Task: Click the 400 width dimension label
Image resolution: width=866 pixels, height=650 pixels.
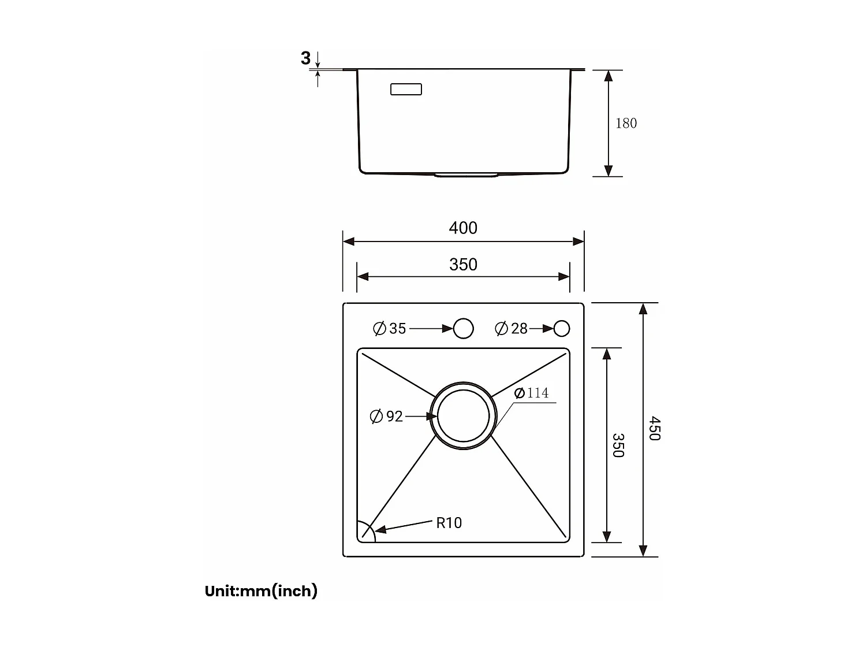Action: [463, 228]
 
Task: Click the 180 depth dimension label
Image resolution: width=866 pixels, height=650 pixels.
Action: [626, 123]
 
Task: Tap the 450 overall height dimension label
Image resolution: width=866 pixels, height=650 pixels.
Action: [654, 429]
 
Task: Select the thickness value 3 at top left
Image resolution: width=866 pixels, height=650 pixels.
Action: [305, 58]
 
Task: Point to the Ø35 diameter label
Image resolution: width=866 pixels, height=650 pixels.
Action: [390, 329]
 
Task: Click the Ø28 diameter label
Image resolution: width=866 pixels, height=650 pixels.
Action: [512, 329]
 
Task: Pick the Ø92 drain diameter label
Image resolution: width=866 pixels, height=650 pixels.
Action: [386, 416]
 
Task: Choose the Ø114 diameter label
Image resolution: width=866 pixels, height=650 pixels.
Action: [531, 393]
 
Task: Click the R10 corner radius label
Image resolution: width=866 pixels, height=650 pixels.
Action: [449, 522]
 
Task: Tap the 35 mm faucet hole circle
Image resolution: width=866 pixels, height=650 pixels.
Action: [464, 328]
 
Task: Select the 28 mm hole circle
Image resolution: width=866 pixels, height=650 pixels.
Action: [562, 329]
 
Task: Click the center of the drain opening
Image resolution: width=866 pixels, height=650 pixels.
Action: [464, 415]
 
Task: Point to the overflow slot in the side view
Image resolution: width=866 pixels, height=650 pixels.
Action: [406, 90]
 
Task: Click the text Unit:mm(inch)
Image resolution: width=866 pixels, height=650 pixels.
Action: [261, 591]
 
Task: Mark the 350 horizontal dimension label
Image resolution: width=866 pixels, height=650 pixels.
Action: [463, 264]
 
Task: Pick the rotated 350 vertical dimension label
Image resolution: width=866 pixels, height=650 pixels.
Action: [618, 445]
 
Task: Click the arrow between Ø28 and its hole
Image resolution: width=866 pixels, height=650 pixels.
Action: [542, 329]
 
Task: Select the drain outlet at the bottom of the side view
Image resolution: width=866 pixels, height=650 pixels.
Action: [465, 174]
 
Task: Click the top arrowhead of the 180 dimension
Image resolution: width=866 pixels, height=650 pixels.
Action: [608, 76]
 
